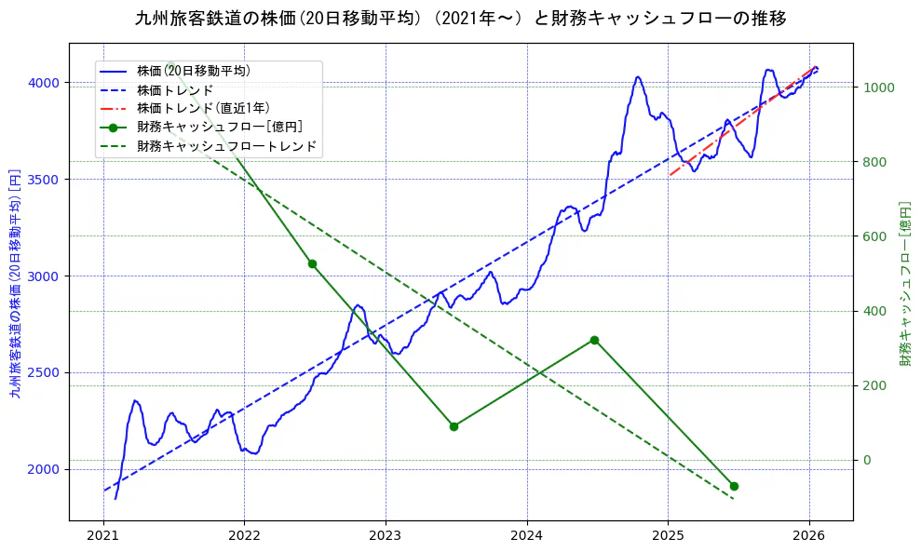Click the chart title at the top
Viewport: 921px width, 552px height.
tap(460, 19)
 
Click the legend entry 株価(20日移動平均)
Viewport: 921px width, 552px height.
tap(193, 71)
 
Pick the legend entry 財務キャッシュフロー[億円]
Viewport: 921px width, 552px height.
tap(219, 127)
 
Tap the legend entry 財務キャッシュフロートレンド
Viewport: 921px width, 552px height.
tap(226, 146)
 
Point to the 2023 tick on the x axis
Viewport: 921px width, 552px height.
tap(386, 535)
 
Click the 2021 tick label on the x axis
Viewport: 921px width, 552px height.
tap(103, 535)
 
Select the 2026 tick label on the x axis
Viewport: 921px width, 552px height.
tap(809, 535)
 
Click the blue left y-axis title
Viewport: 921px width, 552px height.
tap(14, 281)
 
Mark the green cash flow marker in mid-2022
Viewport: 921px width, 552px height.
tap(312, 263)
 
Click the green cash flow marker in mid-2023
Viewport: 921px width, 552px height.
tap(454, 426)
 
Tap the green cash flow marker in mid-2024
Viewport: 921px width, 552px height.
tap(594, 340)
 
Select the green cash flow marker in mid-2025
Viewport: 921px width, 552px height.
tap(734, 486)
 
